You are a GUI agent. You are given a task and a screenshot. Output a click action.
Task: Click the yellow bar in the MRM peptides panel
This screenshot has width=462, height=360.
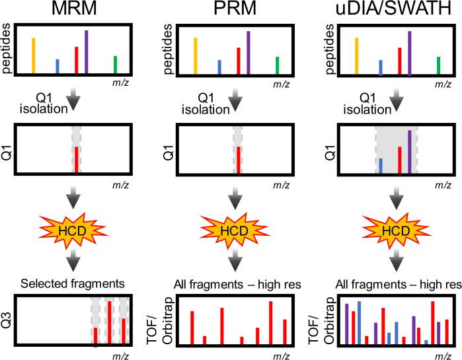tap(33, 55)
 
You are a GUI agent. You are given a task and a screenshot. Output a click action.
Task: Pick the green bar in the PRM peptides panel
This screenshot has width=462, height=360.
tap(277, 65)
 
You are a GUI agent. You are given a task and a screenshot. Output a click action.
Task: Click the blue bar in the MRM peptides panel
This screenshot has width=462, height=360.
tap(58, 66)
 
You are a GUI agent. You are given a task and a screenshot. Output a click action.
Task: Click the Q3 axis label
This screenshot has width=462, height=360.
tap(8, 322)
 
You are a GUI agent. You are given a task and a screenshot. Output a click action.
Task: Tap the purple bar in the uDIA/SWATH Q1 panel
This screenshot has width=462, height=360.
tap(410, 151)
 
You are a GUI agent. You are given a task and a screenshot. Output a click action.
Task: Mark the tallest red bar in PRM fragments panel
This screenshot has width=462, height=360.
tap(271, 322)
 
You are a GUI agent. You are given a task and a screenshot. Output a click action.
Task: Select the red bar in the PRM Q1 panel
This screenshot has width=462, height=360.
tap(239, 159)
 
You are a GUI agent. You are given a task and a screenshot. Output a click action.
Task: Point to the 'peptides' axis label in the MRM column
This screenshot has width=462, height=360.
tap(8, 49)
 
